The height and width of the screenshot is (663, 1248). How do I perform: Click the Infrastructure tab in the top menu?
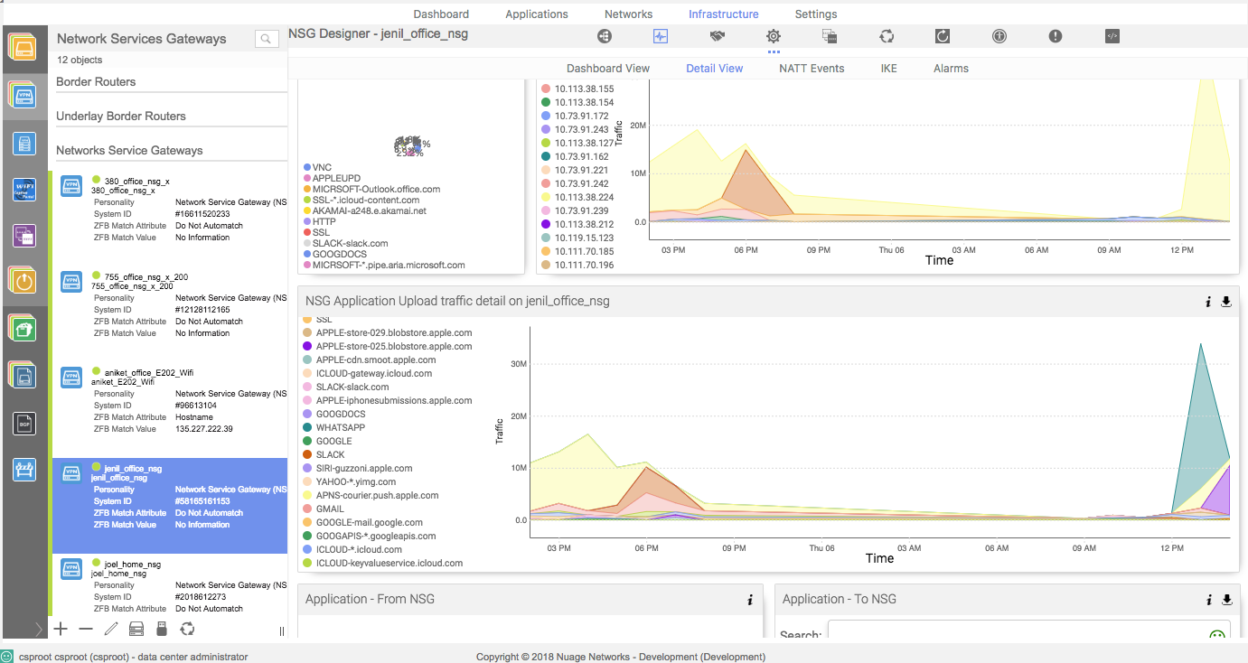(x=723, y=14)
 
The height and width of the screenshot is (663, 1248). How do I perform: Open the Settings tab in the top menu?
(x=815, y=14)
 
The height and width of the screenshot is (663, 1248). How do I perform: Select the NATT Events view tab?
(x=811, y=69)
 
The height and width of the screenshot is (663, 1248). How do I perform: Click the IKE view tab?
(x=888, y=69)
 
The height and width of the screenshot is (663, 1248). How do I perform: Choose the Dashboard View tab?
(x=607, y=69)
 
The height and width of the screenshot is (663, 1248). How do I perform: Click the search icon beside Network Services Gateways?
(x=266, y=39)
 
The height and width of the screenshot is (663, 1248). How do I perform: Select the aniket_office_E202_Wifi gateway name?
(x=148, y=372)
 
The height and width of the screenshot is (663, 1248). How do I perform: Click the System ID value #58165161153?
(x=202, y=501)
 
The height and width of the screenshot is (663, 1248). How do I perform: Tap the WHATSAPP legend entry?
(x=340, y=427)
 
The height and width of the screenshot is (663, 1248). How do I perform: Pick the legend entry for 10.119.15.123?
(x=584, y=238)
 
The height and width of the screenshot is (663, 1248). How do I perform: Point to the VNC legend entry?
(x=322, y=168)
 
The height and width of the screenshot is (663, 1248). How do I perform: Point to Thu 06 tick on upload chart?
(x=821, y=547)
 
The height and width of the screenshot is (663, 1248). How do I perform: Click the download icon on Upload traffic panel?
(x=1225, y=302)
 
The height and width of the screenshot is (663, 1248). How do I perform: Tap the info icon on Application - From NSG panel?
(x=749, y=600)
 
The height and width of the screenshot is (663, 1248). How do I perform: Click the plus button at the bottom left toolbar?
(x=61, y=629)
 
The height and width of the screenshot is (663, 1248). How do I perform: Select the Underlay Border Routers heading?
(x=121, y=117)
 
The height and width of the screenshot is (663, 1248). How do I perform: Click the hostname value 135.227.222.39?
(x=204, y=429)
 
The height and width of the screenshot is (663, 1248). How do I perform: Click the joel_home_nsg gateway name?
(x=132, y=564)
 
